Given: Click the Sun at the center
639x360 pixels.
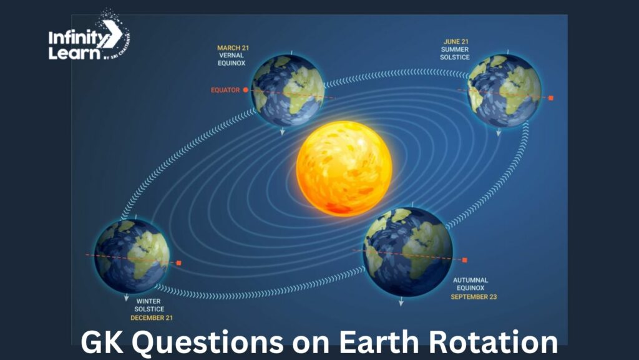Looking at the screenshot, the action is [x=344, y=168].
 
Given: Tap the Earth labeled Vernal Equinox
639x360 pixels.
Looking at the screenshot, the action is [x=288, y=90].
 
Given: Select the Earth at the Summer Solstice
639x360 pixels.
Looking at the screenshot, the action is [x=504, y=90].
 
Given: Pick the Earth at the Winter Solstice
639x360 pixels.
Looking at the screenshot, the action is [x=132, y=256].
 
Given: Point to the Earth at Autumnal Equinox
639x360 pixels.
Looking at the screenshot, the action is [x=407, y=251].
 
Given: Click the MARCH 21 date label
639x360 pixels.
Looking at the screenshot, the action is [x=233, y=48].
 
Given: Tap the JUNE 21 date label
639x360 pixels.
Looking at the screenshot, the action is [x=456, y=42].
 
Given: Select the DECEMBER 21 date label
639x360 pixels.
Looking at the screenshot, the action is [x=152, y=318].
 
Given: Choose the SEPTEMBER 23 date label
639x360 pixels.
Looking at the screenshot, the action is [x=474, y=297].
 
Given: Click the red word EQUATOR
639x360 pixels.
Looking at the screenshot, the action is [x=225, y=90].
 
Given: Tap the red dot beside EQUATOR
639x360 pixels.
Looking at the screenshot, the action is [x=245, y=90].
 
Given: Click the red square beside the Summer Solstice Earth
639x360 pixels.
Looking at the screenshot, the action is [x=551, y=98].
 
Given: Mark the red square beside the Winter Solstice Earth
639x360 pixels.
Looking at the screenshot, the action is [x=178, y=263].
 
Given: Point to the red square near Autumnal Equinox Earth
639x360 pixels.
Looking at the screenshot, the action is [x=464, y=260].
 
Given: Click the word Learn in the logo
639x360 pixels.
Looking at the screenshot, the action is [x=74, y=53].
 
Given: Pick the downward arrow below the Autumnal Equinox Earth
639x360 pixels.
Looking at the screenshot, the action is [x=401, y=301].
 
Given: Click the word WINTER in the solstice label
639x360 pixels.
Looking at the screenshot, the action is [x=149, y=301].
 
